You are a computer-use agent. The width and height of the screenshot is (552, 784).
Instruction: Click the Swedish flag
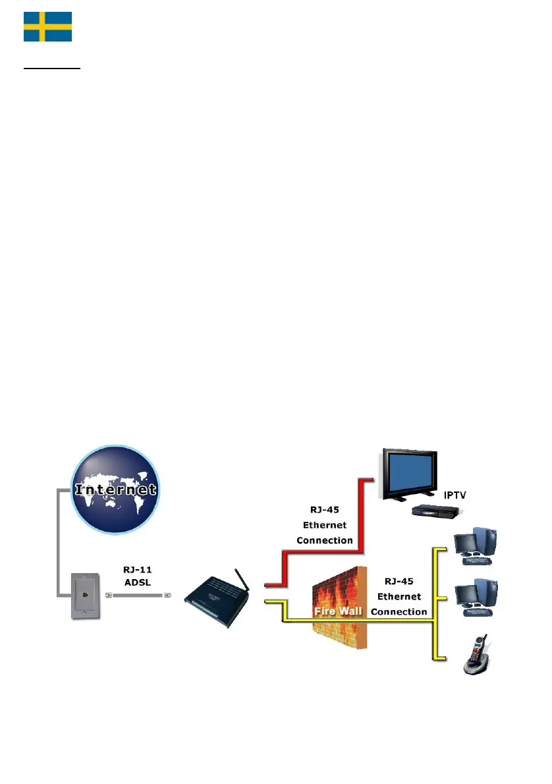[x=47, y=26]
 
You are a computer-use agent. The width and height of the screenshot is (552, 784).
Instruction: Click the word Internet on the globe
[x=115, y=490]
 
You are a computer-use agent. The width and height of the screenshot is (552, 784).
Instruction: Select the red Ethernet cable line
[x=360, y=527]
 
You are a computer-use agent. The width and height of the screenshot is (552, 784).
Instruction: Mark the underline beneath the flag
[x=52, y=68]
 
